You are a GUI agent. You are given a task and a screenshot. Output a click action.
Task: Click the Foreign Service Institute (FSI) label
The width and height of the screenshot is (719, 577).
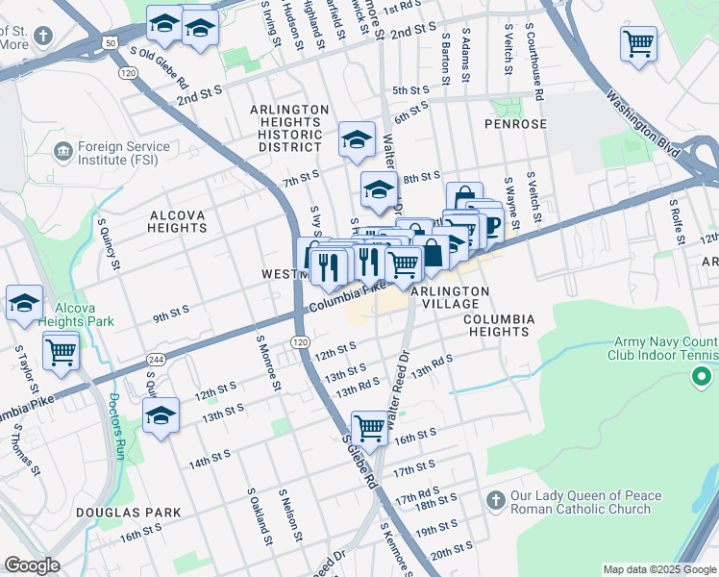123,154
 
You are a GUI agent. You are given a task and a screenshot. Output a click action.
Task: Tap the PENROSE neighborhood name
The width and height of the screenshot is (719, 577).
515,124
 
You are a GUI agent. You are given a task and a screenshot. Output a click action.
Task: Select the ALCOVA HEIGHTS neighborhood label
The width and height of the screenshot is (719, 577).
177,221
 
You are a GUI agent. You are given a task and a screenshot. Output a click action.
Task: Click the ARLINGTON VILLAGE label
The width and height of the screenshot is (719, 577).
450,297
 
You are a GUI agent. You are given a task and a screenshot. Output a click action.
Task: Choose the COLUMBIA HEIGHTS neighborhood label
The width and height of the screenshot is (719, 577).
496,325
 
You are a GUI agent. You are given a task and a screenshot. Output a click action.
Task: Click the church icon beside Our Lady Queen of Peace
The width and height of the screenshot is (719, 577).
495,501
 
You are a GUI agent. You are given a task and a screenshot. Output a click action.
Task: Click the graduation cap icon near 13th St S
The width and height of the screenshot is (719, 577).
161,415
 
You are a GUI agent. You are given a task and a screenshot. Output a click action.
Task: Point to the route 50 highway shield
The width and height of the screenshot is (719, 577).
111,43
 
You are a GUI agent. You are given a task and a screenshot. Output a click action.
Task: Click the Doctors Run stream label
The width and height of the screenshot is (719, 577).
115,425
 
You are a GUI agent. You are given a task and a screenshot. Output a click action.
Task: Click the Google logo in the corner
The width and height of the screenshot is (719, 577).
32,565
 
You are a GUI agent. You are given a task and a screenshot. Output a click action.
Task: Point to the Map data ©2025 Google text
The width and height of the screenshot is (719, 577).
658,569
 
